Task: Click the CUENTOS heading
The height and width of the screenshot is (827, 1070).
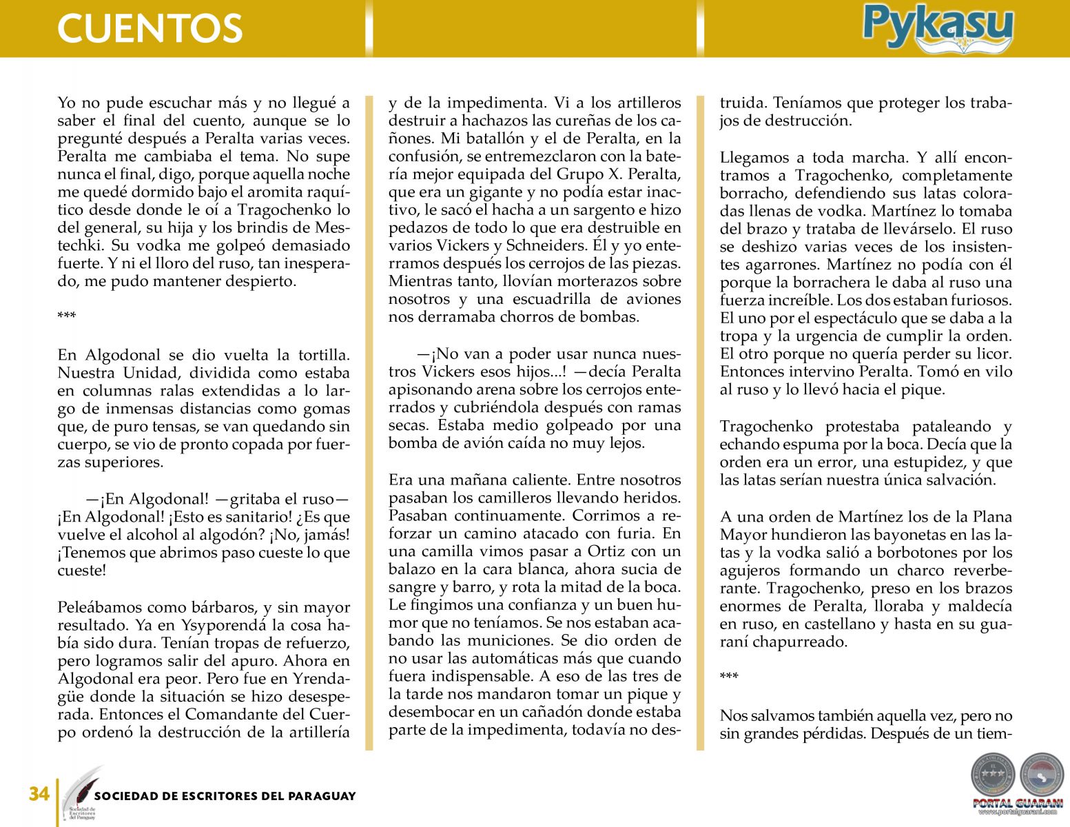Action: point(150,28)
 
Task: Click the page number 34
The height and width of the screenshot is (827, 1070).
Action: point(39,795)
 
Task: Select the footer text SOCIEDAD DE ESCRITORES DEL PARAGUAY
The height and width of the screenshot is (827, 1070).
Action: point(225,796)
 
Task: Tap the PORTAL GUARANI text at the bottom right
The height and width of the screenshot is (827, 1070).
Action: point(1017,804)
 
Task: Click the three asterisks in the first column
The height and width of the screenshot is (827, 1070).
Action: point(67,317)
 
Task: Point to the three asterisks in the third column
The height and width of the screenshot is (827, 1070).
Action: point(729,677)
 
